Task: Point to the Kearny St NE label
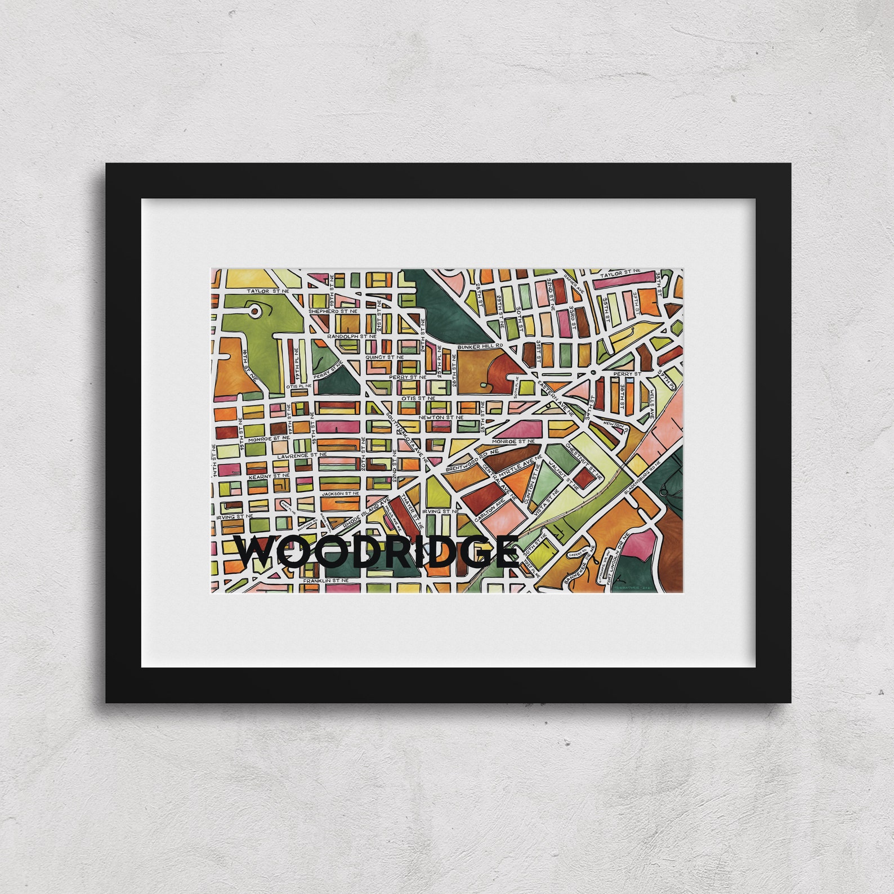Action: [x=268, y=475]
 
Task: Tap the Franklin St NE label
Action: [x=326, y=580]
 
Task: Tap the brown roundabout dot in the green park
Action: [x=255, y=310]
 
